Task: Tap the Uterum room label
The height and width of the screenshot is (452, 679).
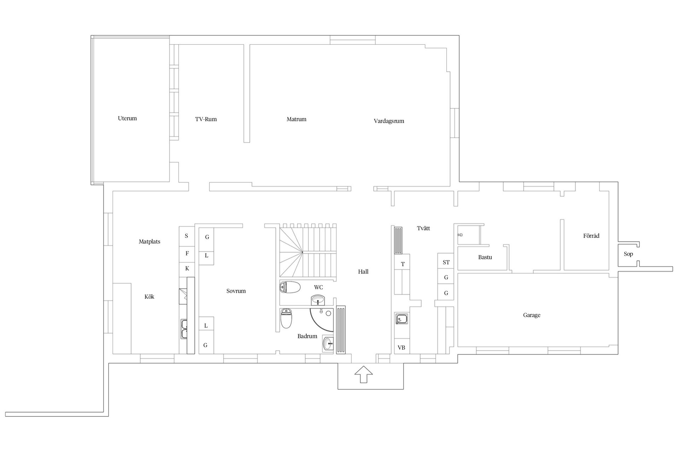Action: [x=127, y=118]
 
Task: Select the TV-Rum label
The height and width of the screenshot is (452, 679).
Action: [x=206, y=119]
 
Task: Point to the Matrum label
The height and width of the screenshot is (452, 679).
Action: [x=296, y=119]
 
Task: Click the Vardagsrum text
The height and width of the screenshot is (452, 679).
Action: [x=389, y=121]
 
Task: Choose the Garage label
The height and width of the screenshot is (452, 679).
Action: [x=532, y=315]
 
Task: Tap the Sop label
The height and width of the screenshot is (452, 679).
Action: [x=628, y=254]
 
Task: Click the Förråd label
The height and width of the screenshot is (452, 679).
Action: [x=591, y=236]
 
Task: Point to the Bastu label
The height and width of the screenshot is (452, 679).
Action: [x=485, y=257]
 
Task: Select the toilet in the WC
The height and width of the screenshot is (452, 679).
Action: [x=290, y=287]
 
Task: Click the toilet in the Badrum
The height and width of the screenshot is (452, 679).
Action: [x=286, y=318]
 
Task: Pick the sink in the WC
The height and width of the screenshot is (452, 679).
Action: [x=319, y=301]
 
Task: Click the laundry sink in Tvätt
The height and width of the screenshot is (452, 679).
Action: [x=402, y=319]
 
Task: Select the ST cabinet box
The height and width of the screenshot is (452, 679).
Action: [x=446, y=262]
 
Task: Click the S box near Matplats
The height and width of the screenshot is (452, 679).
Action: [x=187, y=236]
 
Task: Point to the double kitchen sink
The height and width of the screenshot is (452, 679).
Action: [x=184, y=329]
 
